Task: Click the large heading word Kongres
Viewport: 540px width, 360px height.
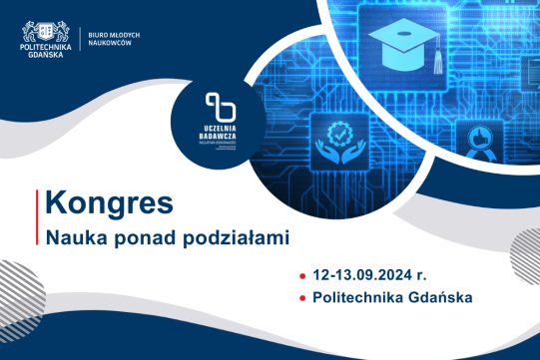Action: click(109, 203)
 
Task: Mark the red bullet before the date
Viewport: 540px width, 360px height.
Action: click(302, 274)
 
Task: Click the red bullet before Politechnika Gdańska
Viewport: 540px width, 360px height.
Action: click(302, 298)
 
